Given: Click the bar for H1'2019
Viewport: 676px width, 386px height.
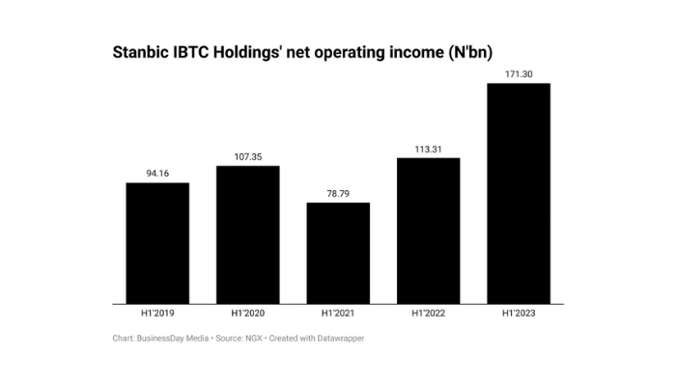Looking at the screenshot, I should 157,243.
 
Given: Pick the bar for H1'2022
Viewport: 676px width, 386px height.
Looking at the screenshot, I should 428,231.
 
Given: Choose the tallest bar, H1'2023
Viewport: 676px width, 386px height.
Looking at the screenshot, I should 519,193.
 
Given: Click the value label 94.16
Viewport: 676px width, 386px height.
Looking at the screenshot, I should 157,174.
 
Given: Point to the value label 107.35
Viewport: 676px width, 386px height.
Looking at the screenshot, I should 247,156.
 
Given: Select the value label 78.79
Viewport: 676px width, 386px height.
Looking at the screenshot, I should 338,193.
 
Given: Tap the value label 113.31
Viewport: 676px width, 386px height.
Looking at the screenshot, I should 428,149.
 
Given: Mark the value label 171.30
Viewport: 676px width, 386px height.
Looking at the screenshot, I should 519,73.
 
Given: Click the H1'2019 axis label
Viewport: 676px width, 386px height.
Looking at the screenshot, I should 157,315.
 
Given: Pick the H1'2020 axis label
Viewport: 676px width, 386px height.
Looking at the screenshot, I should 247,315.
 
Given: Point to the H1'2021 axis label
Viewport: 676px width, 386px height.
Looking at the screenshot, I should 338,315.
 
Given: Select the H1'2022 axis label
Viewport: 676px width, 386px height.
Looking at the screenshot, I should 428,315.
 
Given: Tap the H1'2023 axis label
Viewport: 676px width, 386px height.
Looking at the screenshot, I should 519,315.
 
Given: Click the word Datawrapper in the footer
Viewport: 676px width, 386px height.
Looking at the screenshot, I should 338,338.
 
